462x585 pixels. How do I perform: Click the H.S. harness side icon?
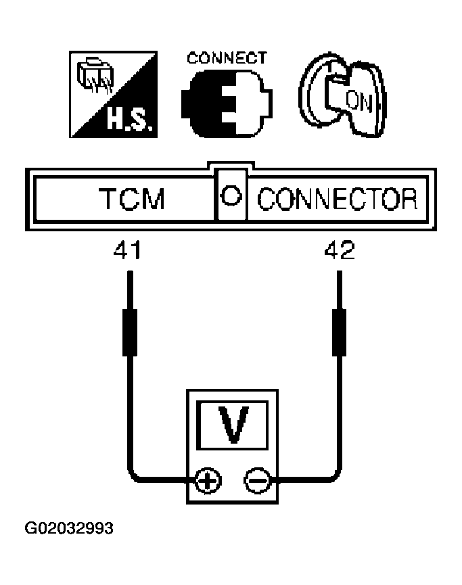[x=114, y=95]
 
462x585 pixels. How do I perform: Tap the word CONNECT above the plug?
[x=227, y=58]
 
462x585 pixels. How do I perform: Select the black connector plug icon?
[x=227, y=103]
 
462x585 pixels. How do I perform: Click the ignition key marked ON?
[x=342, y=95]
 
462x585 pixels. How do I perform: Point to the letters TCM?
[x=131, y=198]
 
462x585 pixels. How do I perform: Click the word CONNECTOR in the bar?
[x=337, y=199]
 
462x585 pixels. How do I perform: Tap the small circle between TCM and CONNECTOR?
[x=231, y=195]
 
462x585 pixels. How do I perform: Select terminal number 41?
[x=127, y=250]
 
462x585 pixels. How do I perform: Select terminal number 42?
[x=339, y=250]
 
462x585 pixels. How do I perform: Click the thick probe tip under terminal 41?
[x=130, y=333]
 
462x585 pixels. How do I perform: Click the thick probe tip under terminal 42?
[x=339, y=333]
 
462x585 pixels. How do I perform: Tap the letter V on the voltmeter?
[x=233, y=425]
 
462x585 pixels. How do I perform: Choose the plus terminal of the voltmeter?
[x=208, y=480]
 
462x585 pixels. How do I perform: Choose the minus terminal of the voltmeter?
[x=257, y=480]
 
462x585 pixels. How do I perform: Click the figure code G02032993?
[x=69, y=528]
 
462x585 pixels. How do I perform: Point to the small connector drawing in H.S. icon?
[x=95, y=74]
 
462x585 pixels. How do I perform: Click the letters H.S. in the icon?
[x=129, y=120]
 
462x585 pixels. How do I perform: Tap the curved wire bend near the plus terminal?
[x=134, y=475]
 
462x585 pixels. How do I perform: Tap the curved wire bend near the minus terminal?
[x=335, y=475]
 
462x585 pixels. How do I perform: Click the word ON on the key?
[x=359, y=101]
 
